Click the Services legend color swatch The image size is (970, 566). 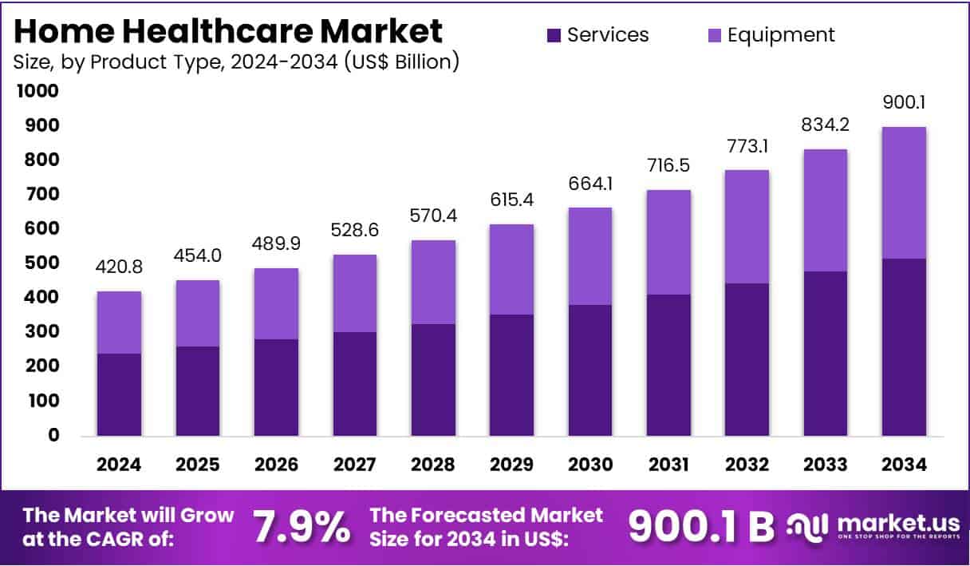[554, 35]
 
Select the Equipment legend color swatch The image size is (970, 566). [715, 35]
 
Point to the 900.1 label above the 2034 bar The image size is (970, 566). [904, 103]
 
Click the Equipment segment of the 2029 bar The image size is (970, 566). [511, 269]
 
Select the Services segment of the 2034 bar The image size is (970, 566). [904, 347]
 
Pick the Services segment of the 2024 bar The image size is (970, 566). [119, 394]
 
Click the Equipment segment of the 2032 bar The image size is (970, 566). [747, 227]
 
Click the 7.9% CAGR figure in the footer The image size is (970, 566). [301, 527]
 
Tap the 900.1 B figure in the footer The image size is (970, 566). [701, 526]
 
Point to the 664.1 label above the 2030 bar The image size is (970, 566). [589, 184]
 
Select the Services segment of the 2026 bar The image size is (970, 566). [276, 388]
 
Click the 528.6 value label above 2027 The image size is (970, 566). [354, 231]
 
